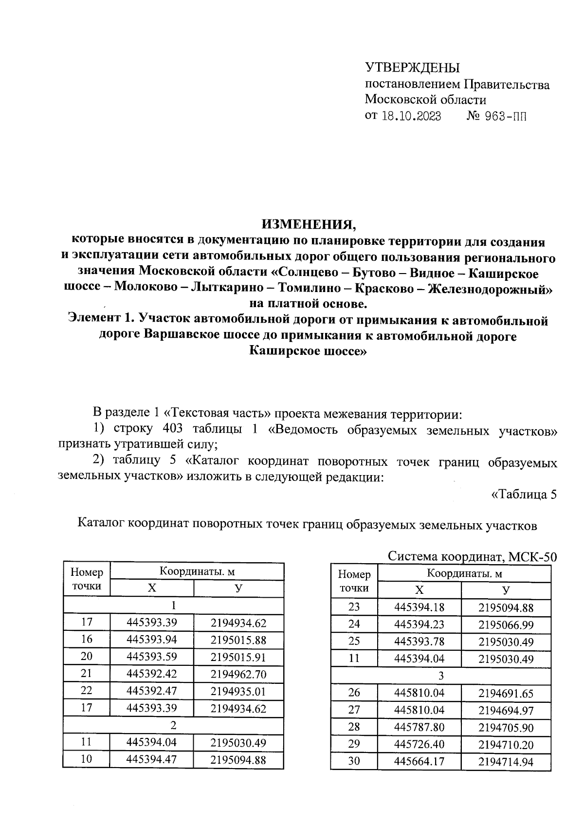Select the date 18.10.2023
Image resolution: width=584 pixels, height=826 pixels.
[412, 117]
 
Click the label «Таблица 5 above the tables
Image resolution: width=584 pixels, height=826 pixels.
[523, 495]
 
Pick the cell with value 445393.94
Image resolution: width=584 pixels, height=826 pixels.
[151, 640]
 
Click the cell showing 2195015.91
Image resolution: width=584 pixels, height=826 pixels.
[238, 657]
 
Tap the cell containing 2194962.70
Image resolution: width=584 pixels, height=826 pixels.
[238, 674]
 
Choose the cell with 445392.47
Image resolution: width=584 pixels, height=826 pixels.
[151, 691]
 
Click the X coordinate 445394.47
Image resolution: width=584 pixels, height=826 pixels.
[151, 759]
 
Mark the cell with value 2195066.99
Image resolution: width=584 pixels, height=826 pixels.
[506, 624]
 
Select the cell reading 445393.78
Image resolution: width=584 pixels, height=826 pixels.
[419, 642]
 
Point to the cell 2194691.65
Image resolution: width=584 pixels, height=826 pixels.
[506, 693]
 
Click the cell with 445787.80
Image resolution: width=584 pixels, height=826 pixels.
[419, 727]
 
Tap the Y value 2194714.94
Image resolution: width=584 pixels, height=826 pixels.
[506, 762]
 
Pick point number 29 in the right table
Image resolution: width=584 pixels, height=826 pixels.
[354, 744]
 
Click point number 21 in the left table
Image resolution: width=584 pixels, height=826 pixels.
[87, 674]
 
